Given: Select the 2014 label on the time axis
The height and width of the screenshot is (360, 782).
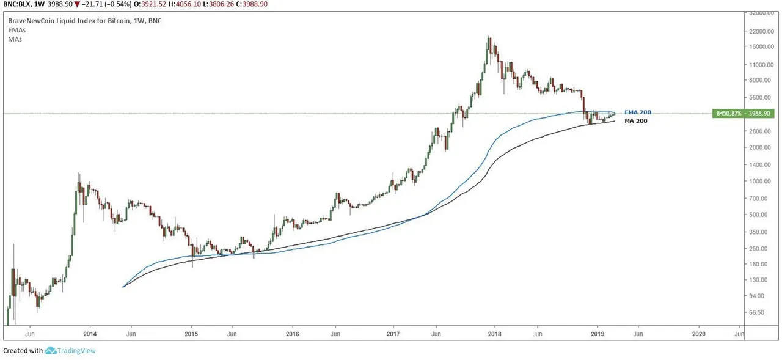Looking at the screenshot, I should pos(90,334).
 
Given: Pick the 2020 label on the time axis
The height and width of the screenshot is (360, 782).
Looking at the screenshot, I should pos(699,334).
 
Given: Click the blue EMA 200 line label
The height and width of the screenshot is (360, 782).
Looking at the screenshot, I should pos(638,112).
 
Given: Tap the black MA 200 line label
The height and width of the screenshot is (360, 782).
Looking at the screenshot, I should pos(635,121).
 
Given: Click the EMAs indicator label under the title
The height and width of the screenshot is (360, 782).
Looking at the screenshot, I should pos(16,29).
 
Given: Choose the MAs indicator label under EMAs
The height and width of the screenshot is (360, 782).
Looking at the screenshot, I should pos(14,39).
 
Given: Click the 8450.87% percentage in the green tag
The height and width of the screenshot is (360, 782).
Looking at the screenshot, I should pos(727,113).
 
